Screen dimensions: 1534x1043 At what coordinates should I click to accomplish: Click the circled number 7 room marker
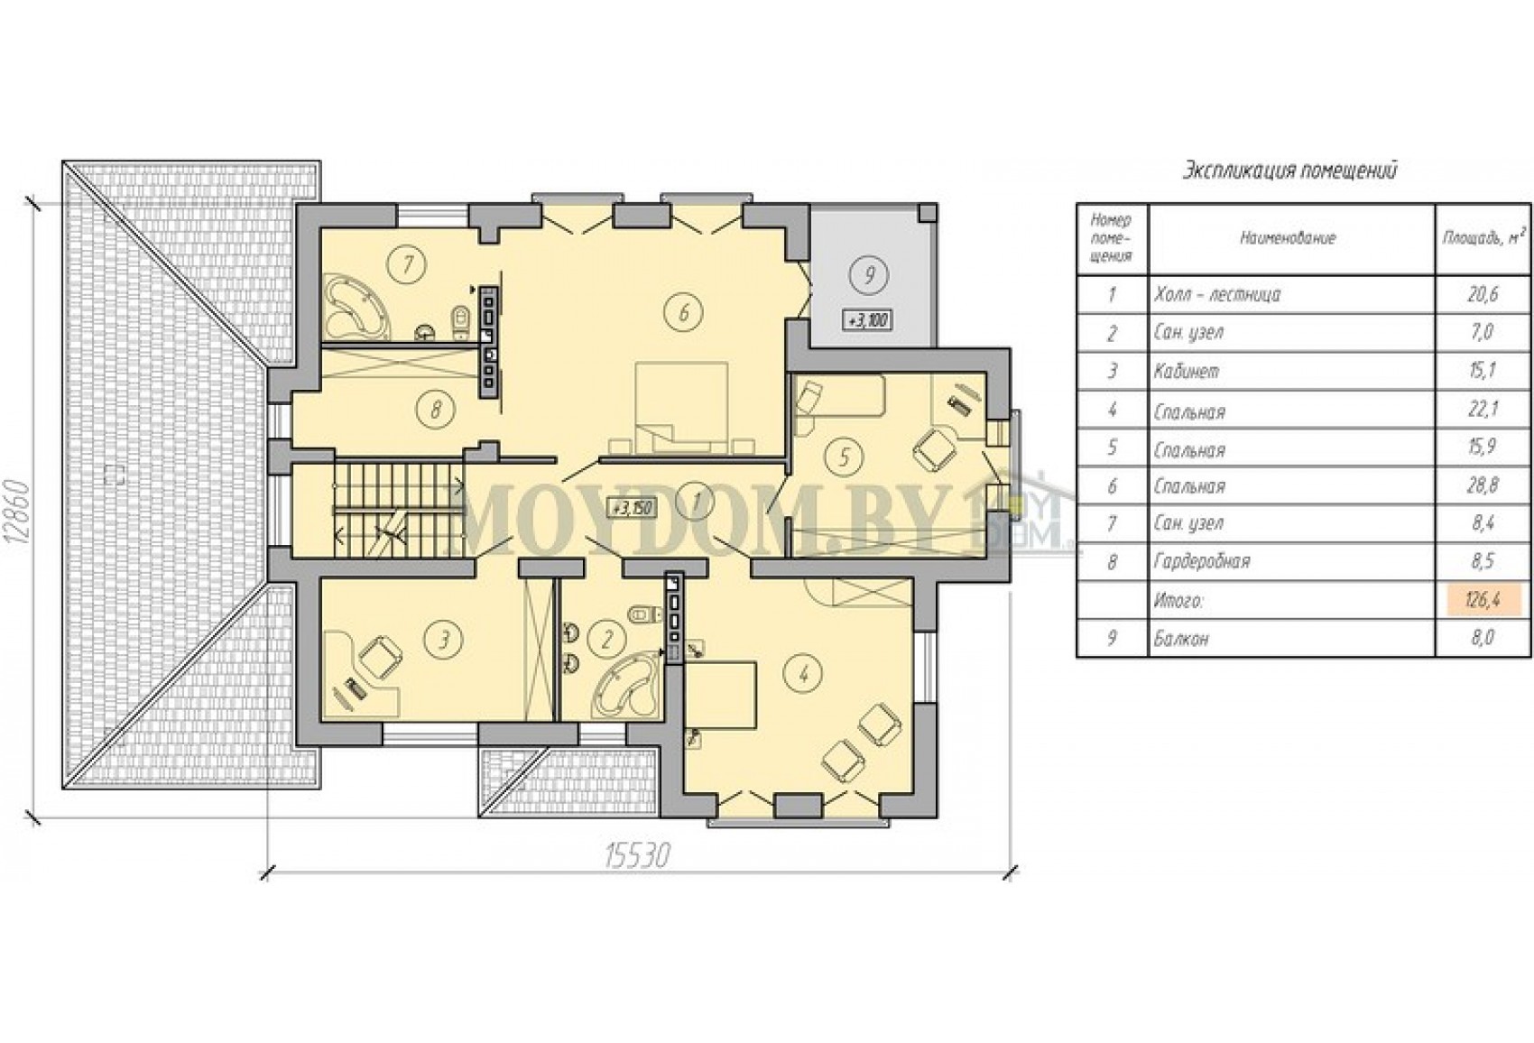coord(408,263)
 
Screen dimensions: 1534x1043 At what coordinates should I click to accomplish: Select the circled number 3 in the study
coord(444,640)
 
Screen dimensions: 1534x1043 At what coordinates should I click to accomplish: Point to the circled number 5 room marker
coord(844,457)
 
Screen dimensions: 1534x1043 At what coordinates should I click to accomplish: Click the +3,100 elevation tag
coord(868,319)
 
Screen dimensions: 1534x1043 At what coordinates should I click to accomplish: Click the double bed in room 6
coord(682,409)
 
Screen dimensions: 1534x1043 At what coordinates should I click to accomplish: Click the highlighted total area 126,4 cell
coord(1483,601)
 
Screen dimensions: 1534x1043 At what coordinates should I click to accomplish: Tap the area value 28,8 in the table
coord(1483,485)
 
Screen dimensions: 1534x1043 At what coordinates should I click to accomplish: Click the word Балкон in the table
coord(1181,639)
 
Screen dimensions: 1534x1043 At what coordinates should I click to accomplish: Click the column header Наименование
coord(1289,238)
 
